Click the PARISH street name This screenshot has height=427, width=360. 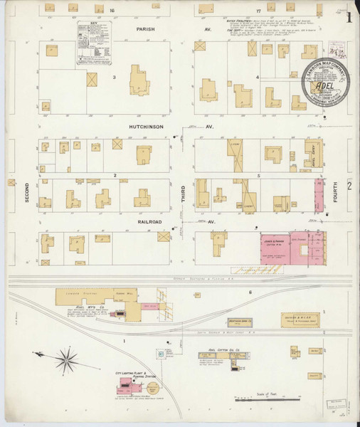click(146, 29)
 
